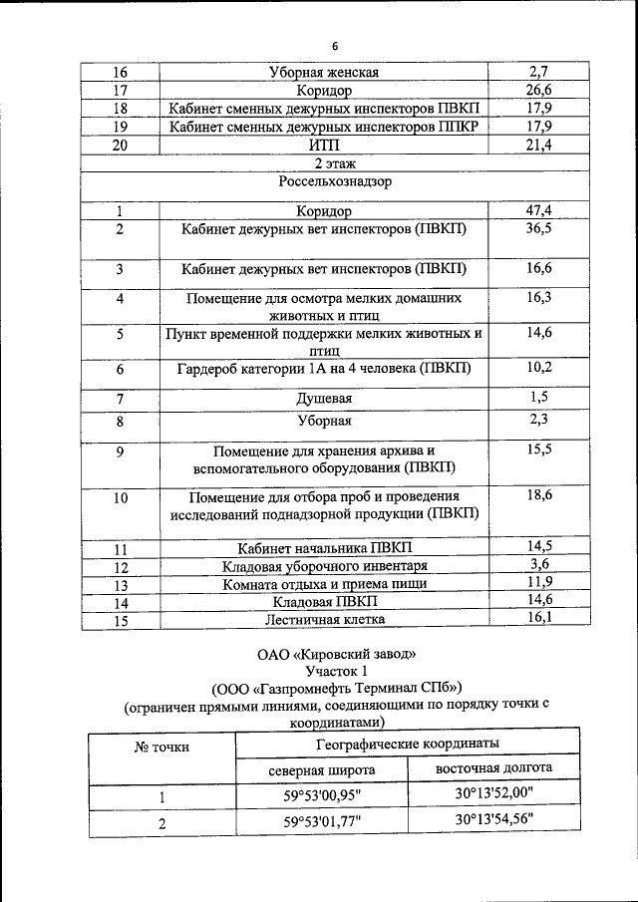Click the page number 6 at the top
pyautogui.click(x=335, y=47)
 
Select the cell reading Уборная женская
pyautogui.click(x=324, y=72)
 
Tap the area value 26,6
pyautogui.click(x=539, y=90)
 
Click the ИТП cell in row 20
pyautogui.click(x=324, y=146)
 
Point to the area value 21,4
pyautogui.click(x=539, y=146)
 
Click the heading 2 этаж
pyautogui.click(x=335, y=163)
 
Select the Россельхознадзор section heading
pyautogui.click(x=335, y=182)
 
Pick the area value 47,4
pyautogui.click(x=539, y=211)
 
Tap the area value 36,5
pyautogui.click(x=539, y=229)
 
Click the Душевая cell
pyautogui.click(x=324, y=399)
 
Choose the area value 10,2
pyautogui.click(x=539, y=369)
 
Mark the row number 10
pyautogui.click(x=120, y=498)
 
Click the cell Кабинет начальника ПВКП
pyautogui.click(x=324, y=548)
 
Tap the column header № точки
pyautogui.click(x=160, y=746)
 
